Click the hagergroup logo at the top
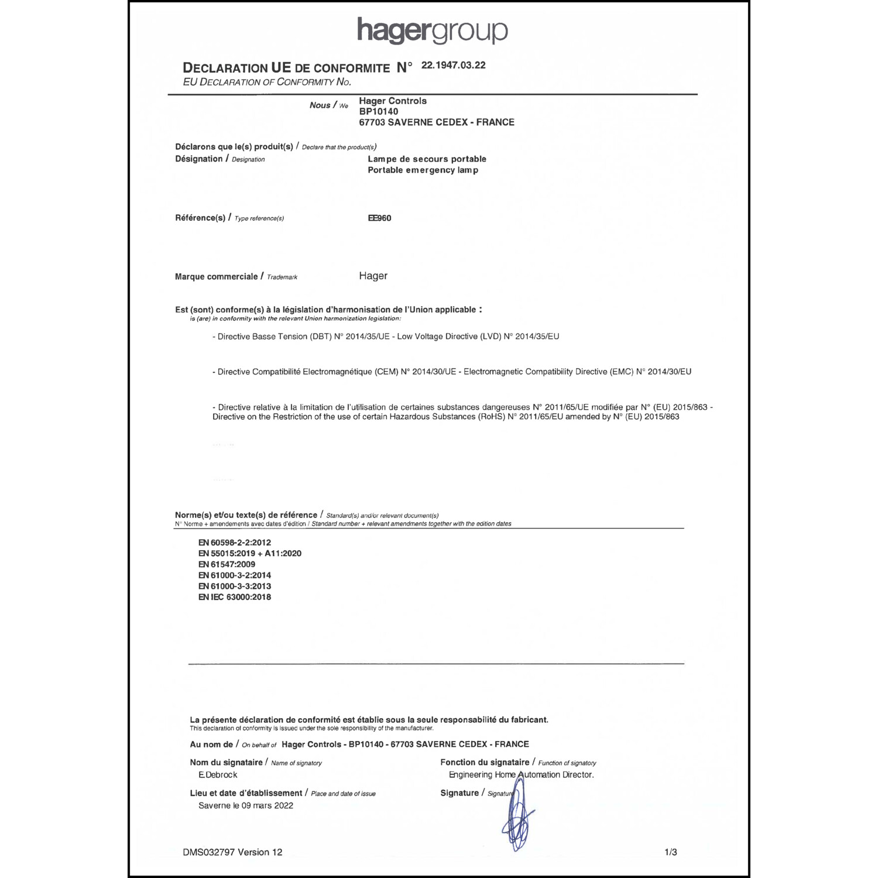pyautogui.click(x=432, y=30)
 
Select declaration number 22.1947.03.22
pyautogui.click(x=453, y=65)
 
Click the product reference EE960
pyautogui.click(x=379, y=218)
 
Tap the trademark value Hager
pyautogui.click(x=373, y=276)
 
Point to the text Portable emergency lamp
pyautogui.click(x=423, y=170)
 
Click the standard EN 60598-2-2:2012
pyautogui.click(x=234, y=543)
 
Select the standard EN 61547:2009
pyautogui.click(x=227, y=564)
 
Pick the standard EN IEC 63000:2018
pyautogui.click(x=234, y=597)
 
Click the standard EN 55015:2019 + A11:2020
pyautogui.click(x=249, y=553)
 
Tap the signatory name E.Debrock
pyautogui.click(x=218, y=774)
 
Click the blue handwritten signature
pyautogui.click(x=517, y=817)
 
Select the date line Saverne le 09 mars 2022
pyautogui.click(x=246, y=805)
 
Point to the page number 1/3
pyautogui.click(x=671, y=852)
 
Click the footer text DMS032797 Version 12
pyautogui.click(x=232, y=852)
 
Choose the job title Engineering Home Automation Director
pyautogui.click(x=521, y=774)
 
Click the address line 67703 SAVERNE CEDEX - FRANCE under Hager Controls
pyautogui.click(x=437, y=122)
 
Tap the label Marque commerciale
pyautogui.click(x=216, y=276)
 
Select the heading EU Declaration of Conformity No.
pyautogui.click(x=267, y=82)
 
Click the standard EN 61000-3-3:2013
pyautogui.click(x=234, y=586)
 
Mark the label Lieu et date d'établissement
pyautogui.click(x=246, y=793)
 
